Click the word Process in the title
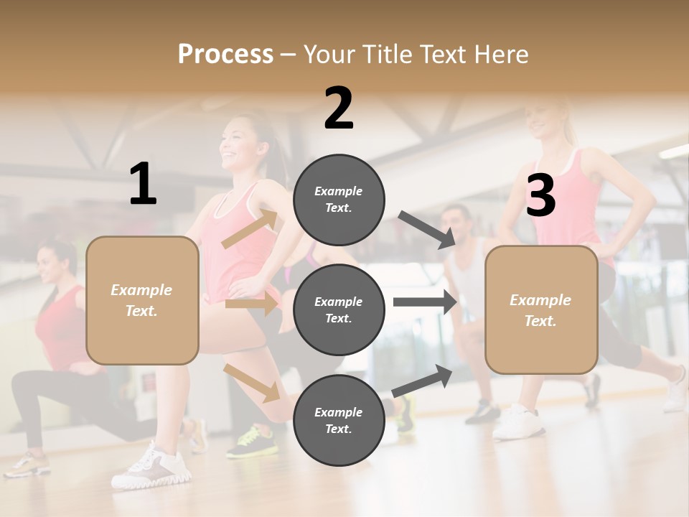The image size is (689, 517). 225,54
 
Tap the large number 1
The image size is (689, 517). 143,185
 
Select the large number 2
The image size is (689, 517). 339,108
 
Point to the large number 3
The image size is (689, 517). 540,195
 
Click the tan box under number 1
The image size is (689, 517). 142,300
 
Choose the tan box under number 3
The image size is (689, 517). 541,309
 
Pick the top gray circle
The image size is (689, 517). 339,200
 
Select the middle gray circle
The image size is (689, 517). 339,309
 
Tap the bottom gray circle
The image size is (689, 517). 339,420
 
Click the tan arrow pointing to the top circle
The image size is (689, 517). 250,229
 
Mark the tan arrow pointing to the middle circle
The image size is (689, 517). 252,304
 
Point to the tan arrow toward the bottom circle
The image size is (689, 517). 252,382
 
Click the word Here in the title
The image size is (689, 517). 501,54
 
